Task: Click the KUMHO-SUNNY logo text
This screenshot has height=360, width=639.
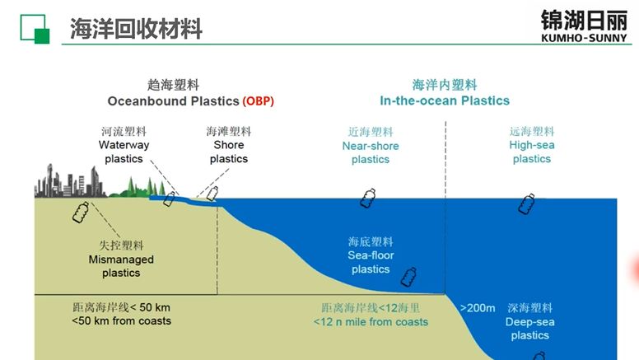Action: [x=584, y=38]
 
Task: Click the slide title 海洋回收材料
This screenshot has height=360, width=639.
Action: [x=136, y=29]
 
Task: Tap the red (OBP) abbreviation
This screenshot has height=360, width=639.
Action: [x=258, y=101]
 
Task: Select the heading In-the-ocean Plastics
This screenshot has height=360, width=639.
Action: [x=445, y=101]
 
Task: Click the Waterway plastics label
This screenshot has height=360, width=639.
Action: [x=124, y=152]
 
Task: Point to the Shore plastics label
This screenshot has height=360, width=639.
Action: [x=229, y=152]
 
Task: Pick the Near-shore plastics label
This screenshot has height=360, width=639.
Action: [x=371, y=152]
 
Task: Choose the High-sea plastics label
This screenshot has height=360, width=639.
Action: [x=532, y=152]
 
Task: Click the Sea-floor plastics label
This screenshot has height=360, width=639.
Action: [x=371, y=262]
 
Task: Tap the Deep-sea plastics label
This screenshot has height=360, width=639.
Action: [x=529, y=329]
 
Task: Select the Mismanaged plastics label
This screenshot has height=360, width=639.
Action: [x=121, y=266]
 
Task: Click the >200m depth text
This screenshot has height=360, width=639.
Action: [x=478, y=308]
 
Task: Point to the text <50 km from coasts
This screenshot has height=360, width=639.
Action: [x=121, y=320]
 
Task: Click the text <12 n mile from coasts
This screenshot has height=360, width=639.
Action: [x=371, y=321]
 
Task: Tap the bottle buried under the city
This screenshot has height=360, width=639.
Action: [x=81, y=212]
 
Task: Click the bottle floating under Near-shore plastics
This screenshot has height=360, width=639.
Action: [x=368, y=199]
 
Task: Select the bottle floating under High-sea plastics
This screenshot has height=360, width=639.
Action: [x=526, y=203]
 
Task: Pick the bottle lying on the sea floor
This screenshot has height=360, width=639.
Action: [x=408, y=277]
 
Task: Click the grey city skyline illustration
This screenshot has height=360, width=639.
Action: [x=69, y=181]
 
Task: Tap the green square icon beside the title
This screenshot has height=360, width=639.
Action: [x=35, y=29]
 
